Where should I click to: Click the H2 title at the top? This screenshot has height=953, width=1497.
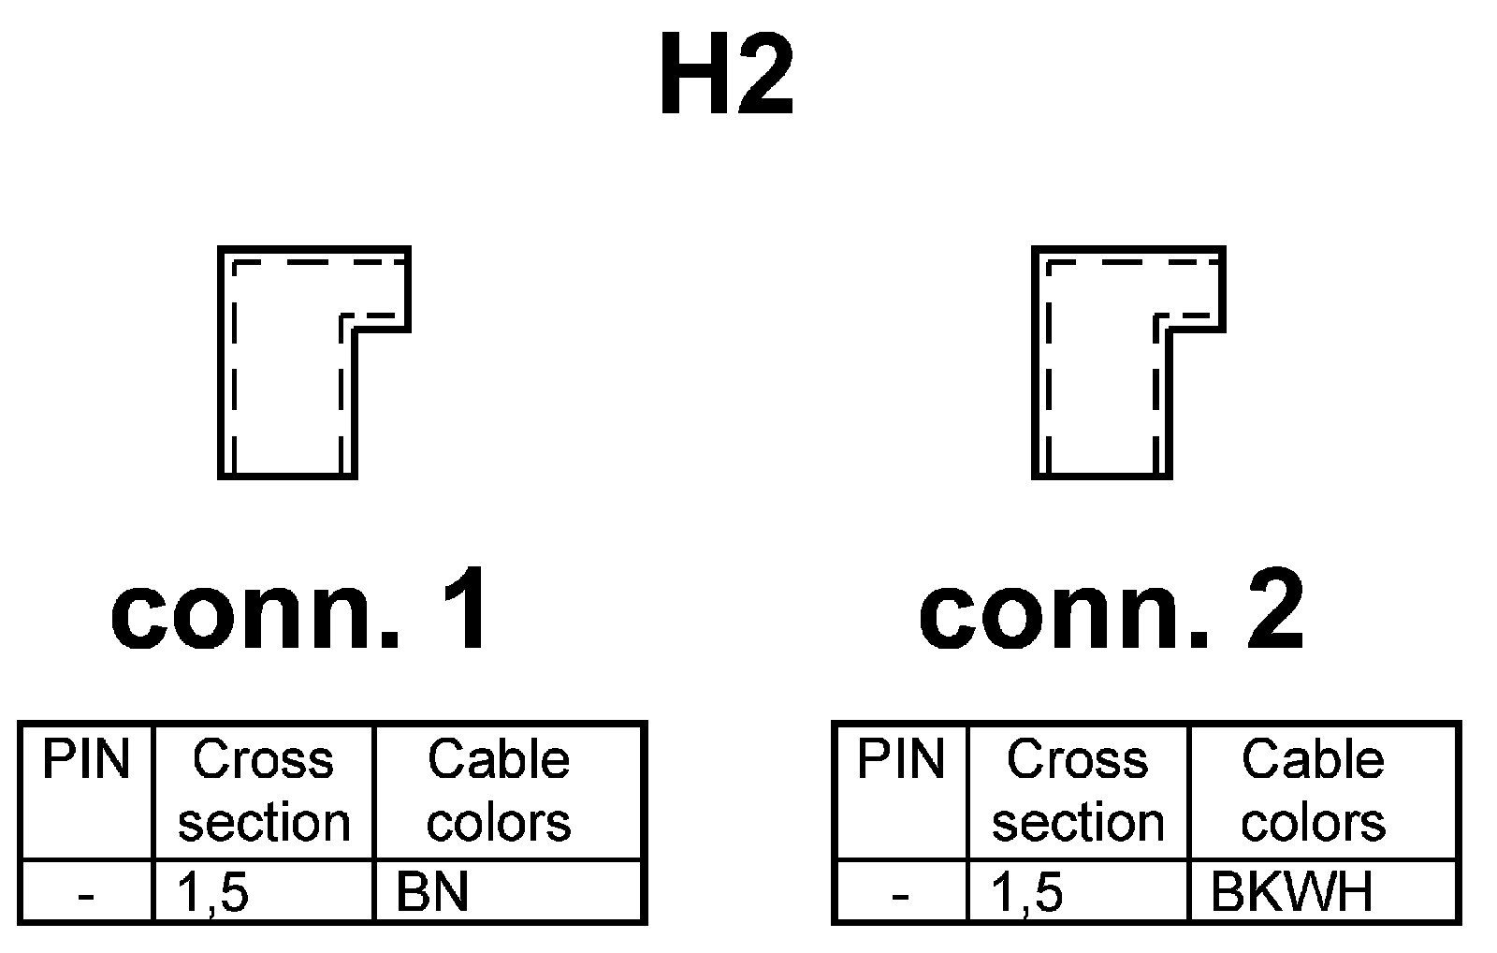pyautogui.click(x=727, y=76)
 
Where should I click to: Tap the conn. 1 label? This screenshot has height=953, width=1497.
pyautogui.click(x=300, y=611)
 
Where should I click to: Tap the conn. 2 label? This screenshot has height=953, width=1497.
pyautogui.click(x=1112, y=611)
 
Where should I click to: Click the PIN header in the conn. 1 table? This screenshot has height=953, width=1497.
pyautogui.click(x=86, y=760)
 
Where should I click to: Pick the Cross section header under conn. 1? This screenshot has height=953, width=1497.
pyautogui.click(x=264, y=791)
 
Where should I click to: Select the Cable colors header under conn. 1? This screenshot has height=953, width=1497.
pyautogui.click(x=499, y=791)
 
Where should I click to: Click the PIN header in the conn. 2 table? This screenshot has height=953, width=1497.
pyautogui.click(x=901, y=760)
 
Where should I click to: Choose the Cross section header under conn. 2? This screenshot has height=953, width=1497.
pyautogui.click(x=1078, y=791)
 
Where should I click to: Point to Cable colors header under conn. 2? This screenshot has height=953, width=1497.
pyautogui.click(x=1313, y=791)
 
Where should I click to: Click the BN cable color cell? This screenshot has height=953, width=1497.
pyautogui.click(x=432, y=892)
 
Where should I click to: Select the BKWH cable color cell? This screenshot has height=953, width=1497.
pyautogui.click(x=1292, y=892)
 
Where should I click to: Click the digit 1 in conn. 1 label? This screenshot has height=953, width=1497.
pyautogui.click(x=466, y=609)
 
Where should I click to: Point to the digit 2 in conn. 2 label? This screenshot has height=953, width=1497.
pyautogui.click(x=1276, y=609)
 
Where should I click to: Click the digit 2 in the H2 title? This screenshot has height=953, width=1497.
pyautogui.click(x=765, y=76)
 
